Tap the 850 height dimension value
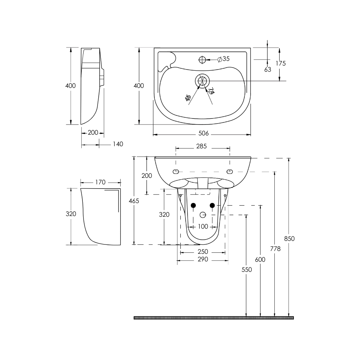[x=289, y=238]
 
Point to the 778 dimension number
[x=275, y=249]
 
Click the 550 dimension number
[x=246, y=269]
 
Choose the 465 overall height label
[x=134, y=201]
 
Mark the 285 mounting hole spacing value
[x=202, y=146]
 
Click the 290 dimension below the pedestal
[x=203, y=260]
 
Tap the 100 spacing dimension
[x=203, y=226]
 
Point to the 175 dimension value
[x=280, y=63]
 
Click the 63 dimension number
[x=267, y=69]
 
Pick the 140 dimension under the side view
[x=117, y=144]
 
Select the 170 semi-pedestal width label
[x=100, y=182]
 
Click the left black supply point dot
[x=193, y=205]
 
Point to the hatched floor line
[x=214, y=318]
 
